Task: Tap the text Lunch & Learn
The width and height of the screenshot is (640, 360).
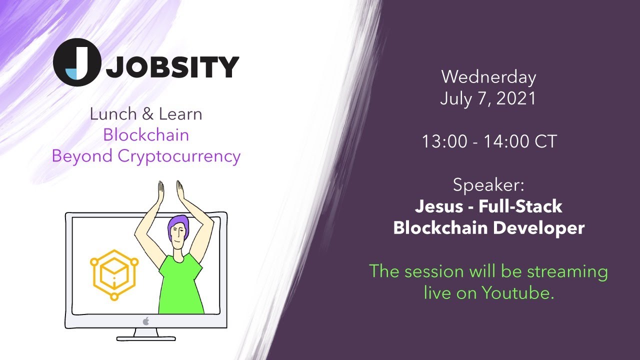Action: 146,114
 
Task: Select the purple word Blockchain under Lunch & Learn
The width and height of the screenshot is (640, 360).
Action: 146,135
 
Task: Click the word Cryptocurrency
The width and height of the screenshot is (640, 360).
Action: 179,156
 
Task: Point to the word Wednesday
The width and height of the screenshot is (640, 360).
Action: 488,77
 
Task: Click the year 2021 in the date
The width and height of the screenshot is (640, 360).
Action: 516,98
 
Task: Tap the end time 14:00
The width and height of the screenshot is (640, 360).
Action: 504,141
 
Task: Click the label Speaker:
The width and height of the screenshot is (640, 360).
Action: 488,185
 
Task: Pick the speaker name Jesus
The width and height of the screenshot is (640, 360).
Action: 439,206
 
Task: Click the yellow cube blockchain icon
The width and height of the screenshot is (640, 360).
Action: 114,274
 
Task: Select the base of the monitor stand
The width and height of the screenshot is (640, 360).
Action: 146,338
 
